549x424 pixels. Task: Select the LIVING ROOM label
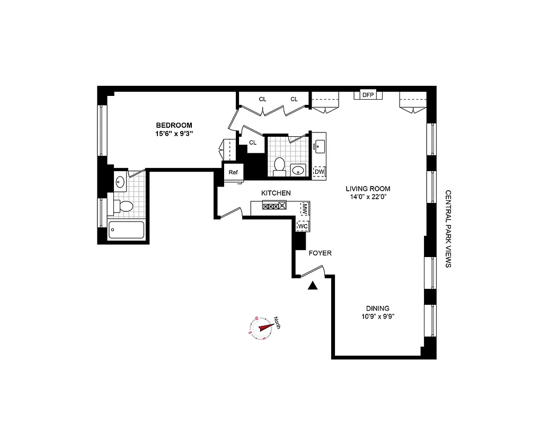[368, 188]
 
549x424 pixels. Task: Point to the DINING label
[377, 308]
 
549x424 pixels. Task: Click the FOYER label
[320, 253]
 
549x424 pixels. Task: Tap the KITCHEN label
[276, 193]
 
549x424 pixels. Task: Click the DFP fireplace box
[368, 95]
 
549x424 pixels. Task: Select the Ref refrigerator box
[233, 172]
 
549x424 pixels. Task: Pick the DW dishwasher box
[320, 172]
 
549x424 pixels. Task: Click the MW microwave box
[305, 208]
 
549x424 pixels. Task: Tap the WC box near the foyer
[303, 226]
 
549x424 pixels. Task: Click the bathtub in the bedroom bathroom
[126, 230]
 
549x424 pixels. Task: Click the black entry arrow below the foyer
[313, 286]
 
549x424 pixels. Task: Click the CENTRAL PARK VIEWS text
[448, 228]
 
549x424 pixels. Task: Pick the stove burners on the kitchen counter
[274, 207]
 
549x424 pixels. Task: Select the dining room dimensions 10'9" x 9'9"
[377, 317]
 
